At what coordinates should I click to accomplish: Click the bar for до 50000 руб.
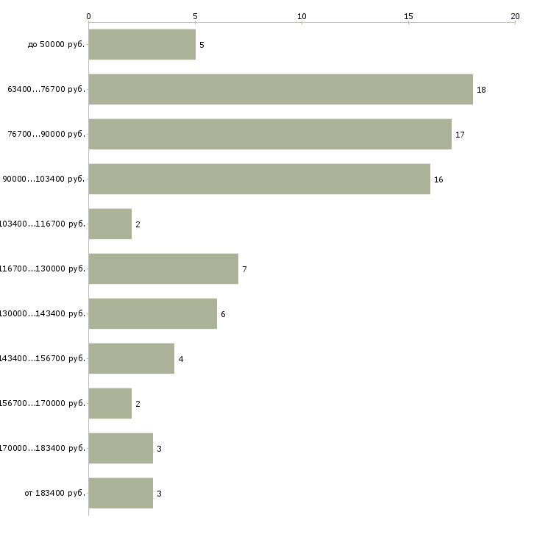click(x=142, y=45)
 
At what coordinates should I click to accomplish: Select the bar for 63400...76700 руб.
click(x=280, y=90)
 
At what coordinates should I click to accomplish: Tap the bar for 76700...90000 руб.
click(x=270, y=135)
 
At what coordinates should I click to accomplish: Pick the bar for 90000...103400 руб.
click(x=259, y=179)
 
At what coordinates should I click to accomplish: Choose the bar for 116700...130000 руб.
click(x=163, y=269)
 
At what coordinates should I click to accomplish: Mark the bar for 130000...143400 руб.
click(x=152, y=314)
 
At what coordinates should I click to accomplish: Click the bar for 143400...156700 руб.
click(x=131, y=359)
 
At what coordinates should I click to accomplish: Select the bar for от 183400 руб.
click(x=121, y=493)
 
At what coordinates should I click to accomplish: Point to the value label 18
click(x=481, y=90)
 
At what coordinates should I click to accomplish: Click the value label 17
click(x=460, y=135)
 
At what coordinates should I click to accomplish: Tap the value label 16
click(x=438, y=179)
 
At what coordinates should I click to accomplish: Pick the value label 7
click(x=244, y=269)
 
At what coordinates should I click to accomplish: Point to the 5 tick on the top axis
click(x=195, y=15)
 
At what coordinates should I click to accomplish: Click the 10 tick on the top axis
click(x=302, y=15)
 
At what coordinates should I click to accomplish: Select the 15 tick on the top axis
click(x=408, y=15)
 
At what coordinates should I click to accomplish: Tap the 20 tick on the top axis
click(x=515, y=15)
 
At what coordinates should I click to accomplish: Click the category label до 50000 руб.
click(x=57, y=45)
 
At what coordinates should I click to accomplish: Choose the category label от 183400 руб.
click(x=54, y=493)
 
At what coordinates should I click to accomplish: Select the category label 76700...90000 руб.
click(x=46, y=135)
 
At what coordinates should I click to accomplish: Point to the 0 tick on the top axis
click(x=88, y=15)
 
